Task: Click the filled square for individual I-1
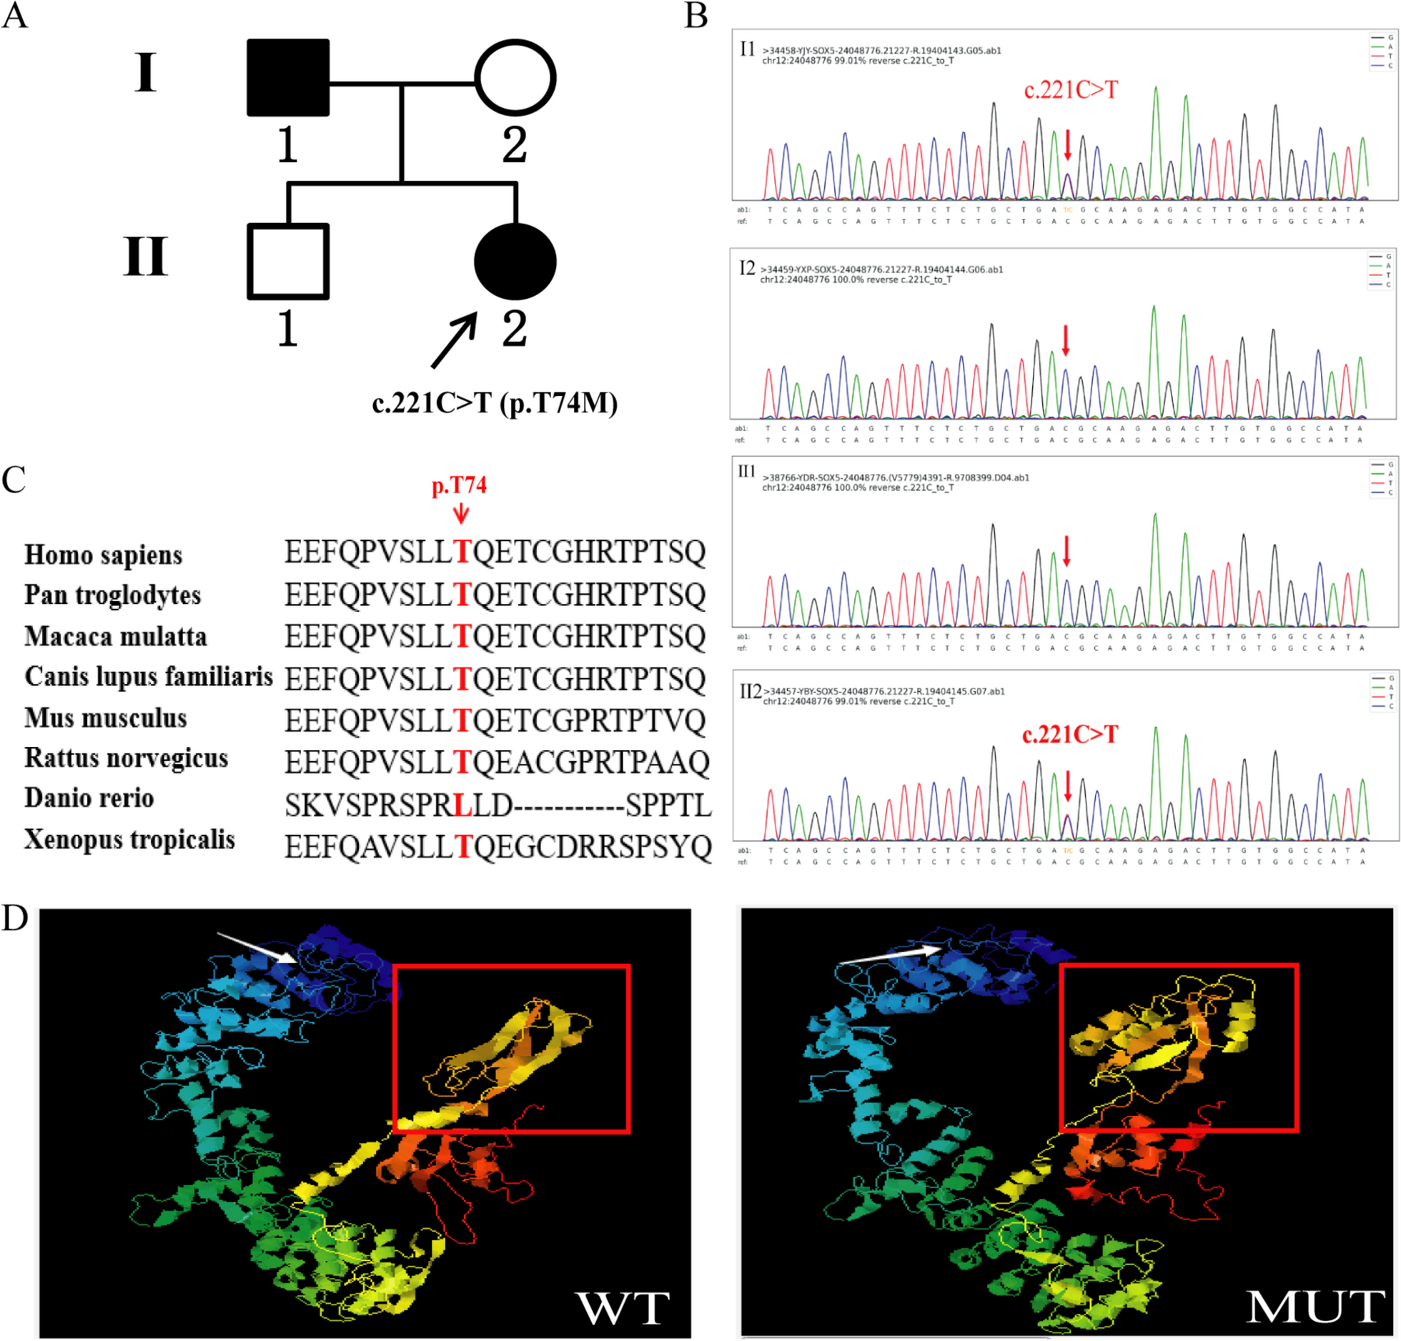click(288, 77)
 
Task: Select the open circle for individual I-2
click(515, 77)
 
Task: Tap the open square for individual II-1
click(288, 262)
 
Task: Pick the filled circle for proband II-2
click(515, 262)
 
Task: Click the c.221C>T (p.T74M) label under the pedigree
click(495, 404)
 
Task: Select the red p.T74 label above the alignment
click(459, 486)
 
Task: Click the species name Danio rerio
click(89, 798)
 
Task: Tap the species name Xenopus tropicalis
click(129, 840)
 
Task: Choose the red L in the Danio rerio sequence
click(462, 806)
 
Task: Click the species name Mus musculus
click(106, 718)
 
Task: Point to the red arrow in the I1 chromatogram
click(1068, 145)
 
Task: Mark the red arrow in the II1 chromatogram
click(1066, 551)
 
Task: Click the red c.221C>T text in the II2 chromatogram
click(1069, 735)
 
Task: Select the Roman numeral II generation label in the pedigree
click(146, 257)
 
